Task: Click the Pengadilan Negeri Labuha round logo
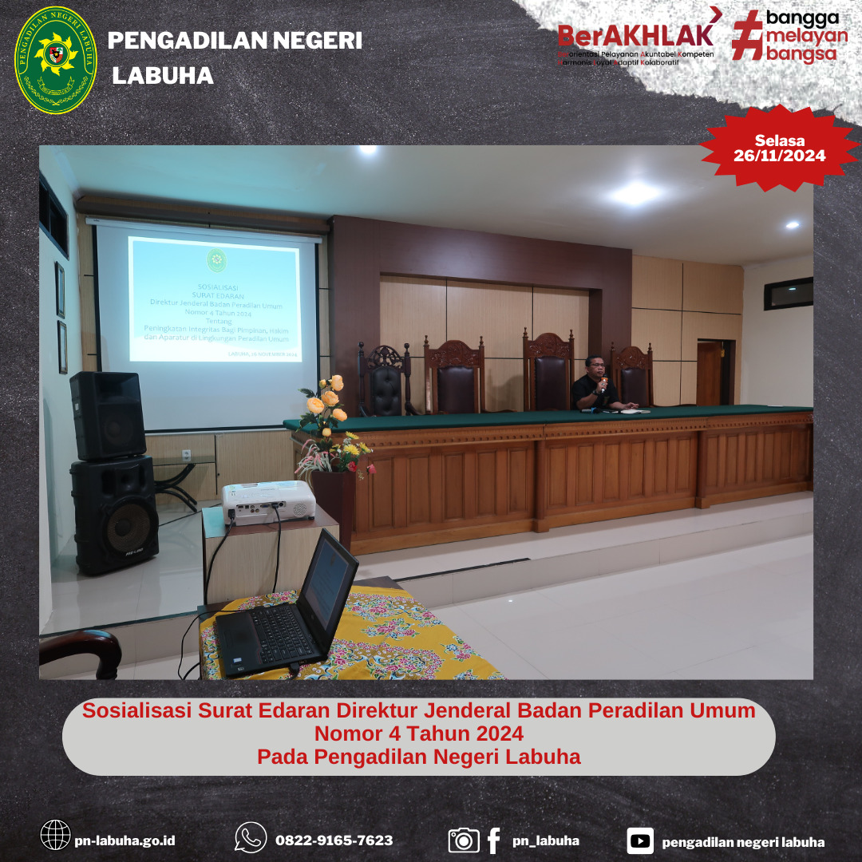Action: pyautogui.click(x=56, y=60)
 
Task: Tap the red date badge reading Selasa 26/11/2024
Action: pyautogui.click(x=779, y=148)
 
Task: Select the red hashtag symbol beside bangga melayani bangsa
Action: pyautogui.click(x=747, y=36)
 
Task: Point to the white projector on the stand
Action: pyautogui.click(x=268, y=500)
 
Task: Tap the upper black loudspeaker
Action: pyautogui.click(x=107, y=415)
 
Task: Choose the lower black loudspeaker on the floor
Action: pyautogui.click(x=114, y=515)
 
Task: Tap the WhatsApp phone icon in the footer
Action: pyautogui.click(x=251, y=838)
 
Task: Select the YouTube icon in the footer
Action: pyautogui.click(x=640, y=840)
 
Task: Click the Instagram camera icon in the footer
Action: pyautogui.click(x=464, y=840)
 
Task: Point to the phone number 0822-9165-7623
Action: pyautogui.click(x=334, y=840)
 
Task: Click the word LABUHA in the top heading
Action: pyautogui.click(x=163, y=75)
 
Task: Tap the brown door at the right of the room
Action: pyautogui.click(x=709, y=373)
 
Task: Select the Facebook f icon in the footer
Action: pyautogui.click(x=494, y=840)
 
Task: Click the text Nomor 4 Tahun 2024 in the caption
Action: pyautogui.click(x=419, y=733)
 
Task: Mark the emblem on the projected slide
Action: pyautogui.click(x=215, y=259)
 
